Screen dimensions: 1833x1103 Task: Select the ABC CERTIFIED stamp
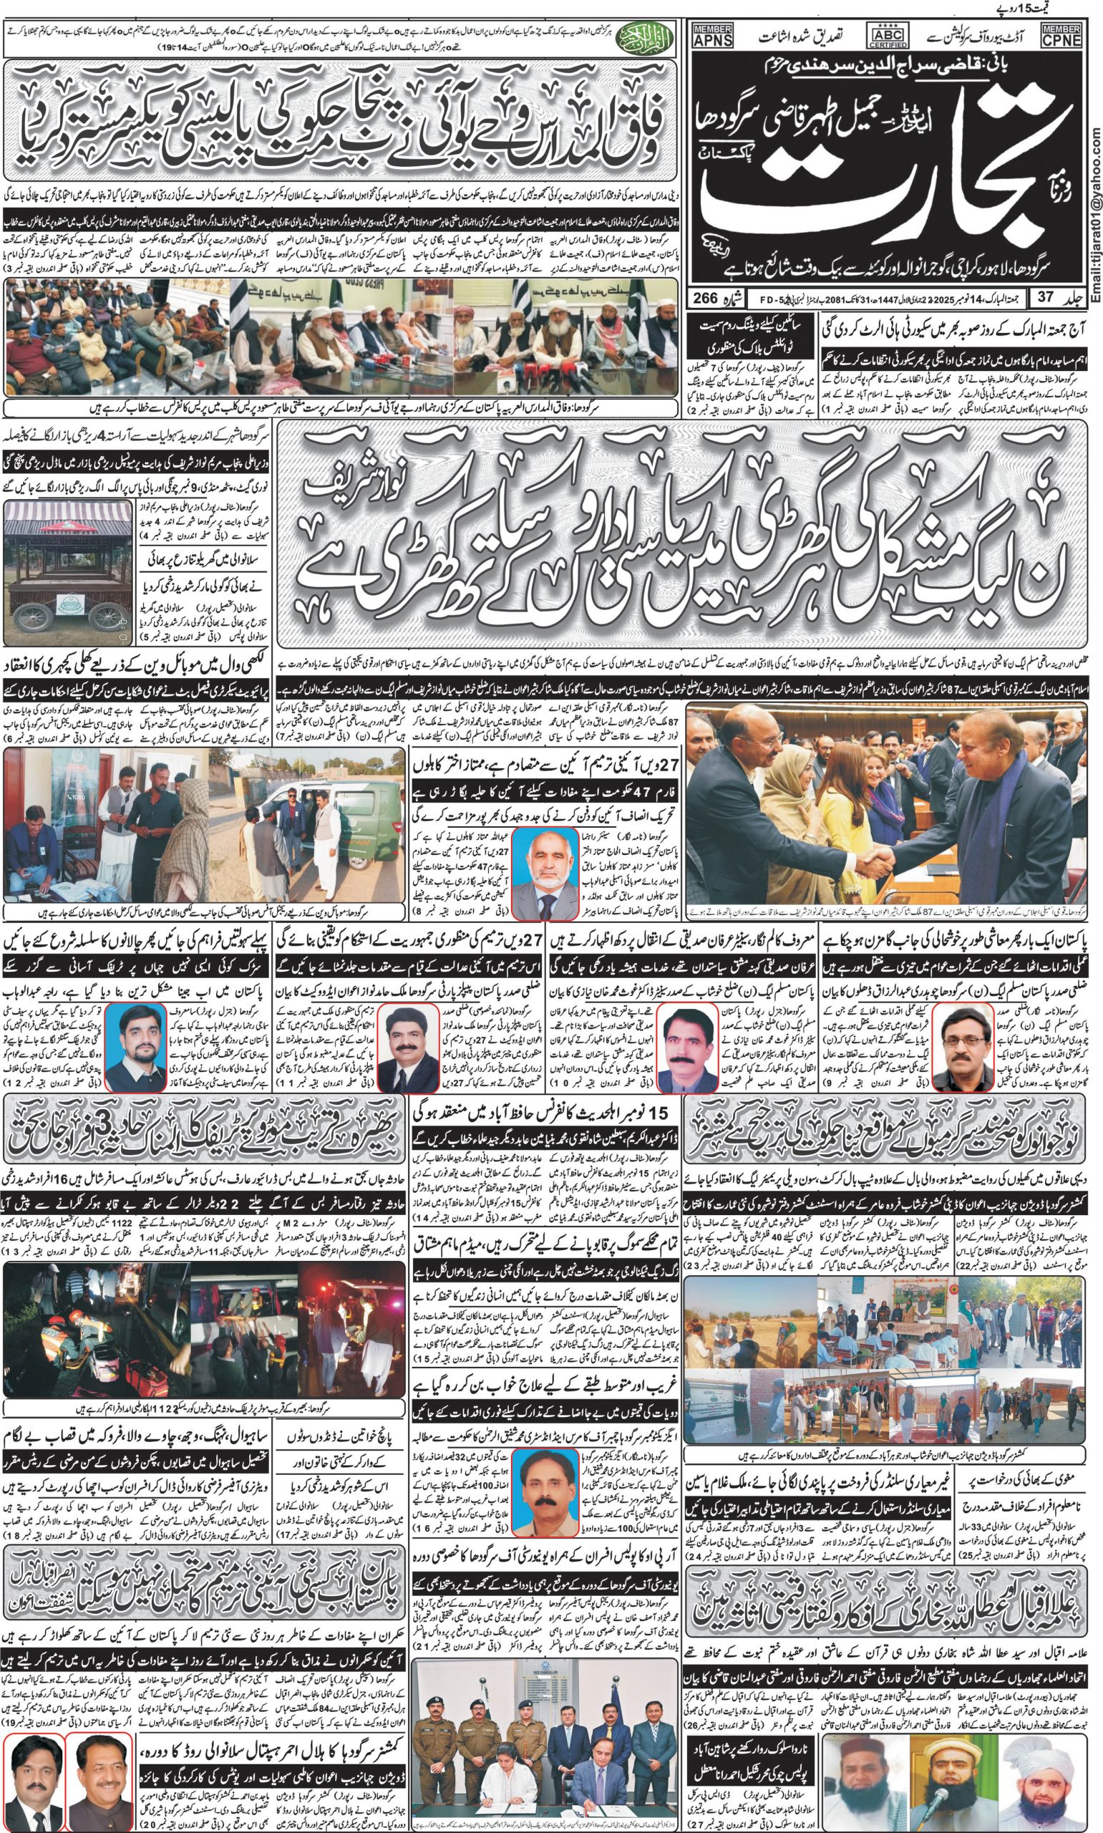(887, 36)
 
